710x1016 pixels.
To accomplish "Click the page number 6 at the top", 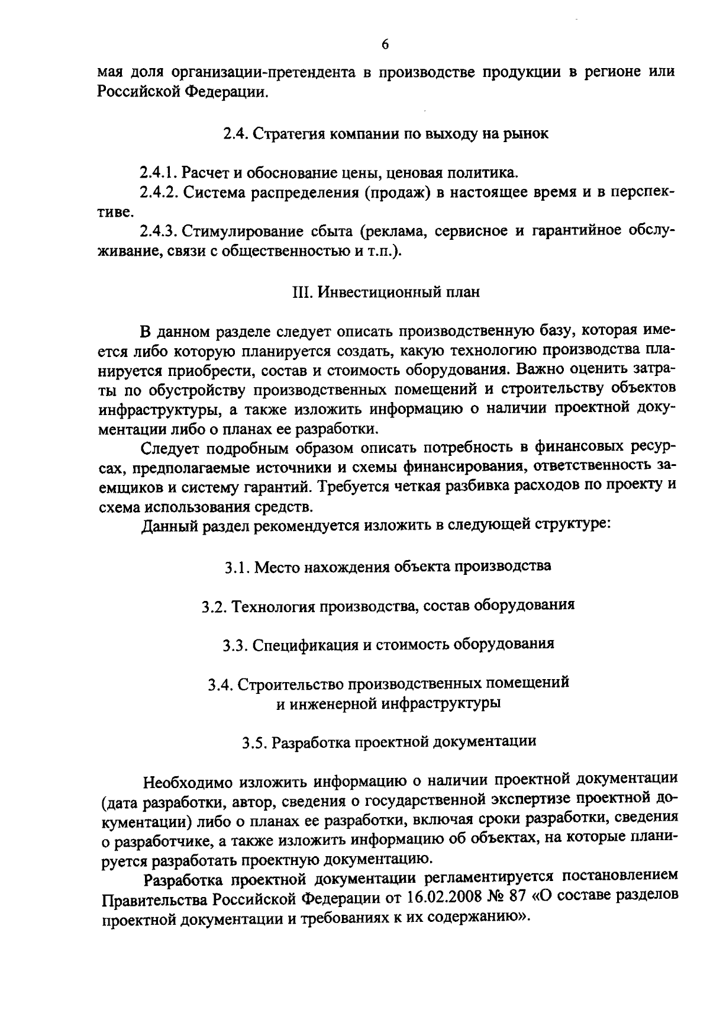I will click(385, 46).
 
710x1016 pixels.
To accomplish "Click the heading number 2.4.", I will click(235, 134).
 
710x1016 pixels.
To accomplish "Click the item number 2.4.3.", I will click(159, 231).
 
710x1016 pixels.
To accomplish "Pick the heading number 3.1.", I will click(235, 567).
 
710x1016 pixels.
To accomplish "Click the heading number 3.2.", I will click(212, 606).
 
